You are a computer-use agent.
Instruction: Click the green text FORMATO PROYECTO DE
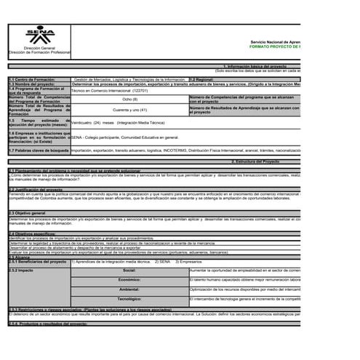point(274,47)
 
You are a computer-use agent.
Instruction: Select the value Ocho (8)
point(129,99)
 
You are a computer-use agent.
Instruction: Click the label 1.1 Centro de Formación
point(29,79)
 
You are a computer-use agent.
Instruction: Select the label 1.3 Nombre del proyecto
point(31,84)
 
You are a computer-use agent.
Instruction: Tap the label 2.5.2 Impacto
point(21,270)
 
